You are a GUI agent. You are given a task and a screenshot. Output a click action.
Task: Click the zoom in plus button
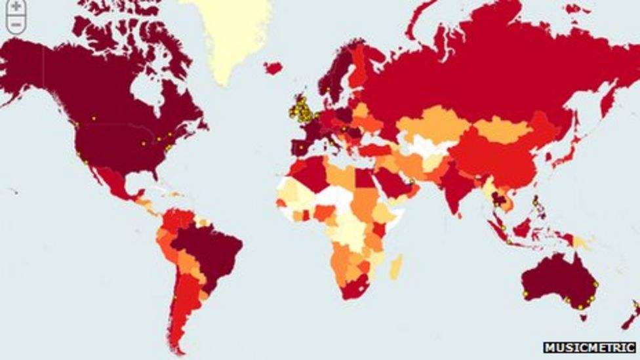pyautogui.click(x=15, y=6)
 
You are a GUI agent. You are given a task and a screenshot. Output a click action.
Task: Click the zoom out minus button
pyautogui.click(x=15, y=24)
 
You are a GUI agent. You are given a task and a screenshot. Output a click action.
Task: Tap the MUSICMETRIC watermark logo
pyautogui.click(x=590, y=348)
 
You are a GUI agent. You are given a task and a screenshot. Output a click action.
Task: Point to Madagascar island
pyautogui.click(x=396, y=266)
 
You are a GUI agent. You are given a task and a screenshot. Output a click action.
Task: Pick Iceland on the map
pyautogui.click(x=273, y=68)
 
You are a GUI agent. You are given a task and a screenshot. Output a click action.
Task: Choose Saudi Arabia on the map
pyautogui.click(x=390, y=180)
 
